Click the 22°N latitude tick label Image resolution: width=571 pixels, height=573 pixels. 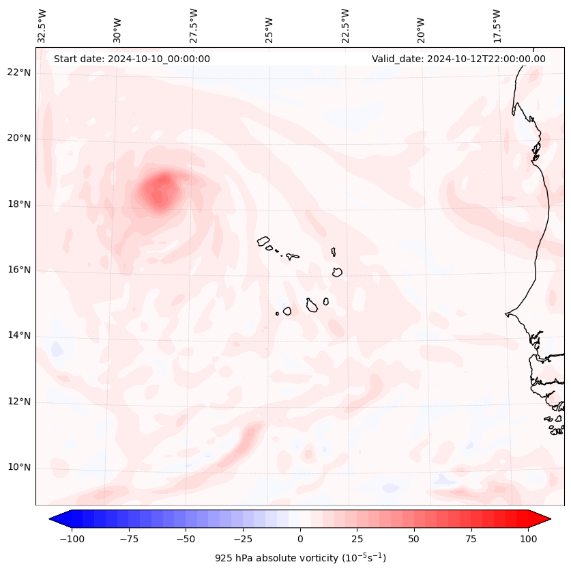[20, 73]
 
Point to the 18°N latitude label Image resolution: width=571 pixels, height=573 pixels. [20, 205]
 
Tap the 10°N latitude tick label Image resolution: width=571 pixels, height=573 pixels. [20, 468]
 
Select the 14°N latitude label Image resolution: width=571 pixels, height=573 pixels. [20, 336]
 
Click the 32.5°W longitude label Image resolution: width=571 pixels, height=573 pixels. [42, 26]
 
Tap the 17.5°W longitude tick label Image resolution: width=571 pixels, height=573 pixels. [497, 26]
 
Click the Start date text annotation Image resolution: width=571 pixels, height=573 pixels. [132, 59]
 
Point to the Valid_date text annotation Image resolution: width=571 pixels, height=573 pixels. [458, 59]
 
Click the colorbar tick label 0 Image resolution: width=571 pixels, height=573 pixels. [299, 539]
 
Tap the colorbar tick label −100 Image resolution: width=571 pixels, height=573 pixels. [72, 539]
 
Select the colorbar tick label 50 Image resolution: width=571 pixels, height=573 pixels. [413, 539]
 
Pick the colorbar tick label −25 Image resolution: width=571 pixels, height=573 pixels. [242, 539]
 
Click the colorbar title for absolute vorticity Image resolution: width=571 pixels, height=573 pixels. [300, 558]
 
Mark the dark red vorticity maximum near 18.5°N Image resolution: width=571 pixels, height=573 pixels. [161, 186]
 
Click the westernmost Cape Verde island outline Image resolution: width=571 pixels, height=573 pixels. [263, 241]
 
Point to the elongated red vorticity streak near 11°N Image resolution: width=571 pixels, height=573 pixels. [240, 445]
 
